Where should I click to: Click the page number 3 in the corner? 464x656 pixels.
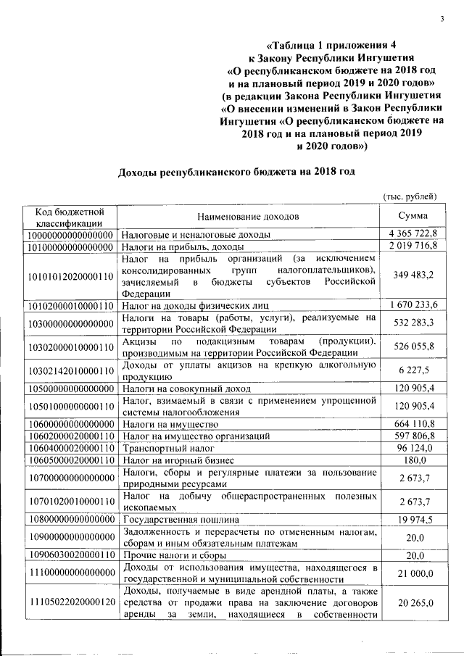(x=440, y=19)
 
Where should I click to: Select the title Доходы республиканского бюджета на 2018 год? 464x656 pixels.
(x=236, y=172)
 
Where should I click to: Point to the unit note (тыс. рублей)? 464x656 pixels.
(x=410, y=196)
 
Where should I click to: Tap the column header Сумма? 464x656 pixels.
(x=413, y=216)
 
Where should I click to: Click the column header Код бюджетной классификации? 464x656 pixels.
(x=70, y=216)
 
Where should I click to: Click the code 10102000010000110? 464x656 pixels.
(x=70, y=304)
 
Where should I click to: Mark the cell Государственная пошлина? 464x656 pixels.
(x=178, y=519)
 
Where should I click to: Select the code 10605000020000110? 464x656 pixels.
(x=70, y=460)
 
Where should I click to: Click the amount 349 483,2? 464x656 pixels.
(x=413, y=275)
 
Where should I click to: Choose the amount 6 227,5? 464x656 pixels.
(x=415, y=371)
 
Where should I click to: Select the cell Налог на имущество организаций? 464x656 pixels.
(x=196, y=436)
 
